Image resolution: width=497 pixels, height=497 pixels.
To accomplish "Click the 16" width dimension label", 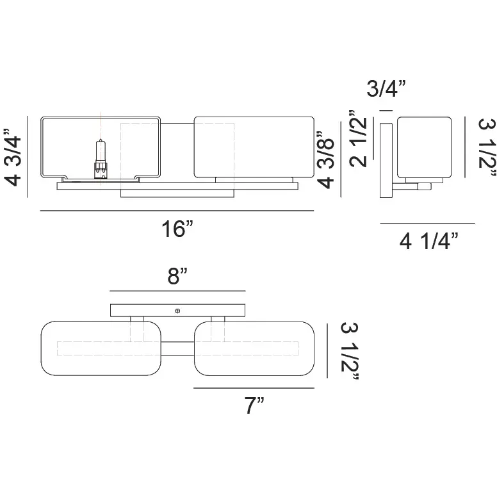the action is click(x=177, y=229).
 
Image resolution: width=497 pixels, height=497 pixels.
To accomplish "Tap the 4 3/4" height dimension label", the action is click(x=13, y=157).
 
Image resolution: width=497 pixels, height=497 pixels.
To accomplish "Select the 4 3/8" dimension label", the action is click(x=325, y=159).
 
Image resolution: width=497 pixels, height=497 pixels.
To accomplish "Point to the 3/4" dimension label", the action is click(x=386, y=88).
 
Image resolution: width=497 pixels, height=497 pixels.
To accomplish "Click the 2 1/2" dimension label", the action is click(x=358, y=138).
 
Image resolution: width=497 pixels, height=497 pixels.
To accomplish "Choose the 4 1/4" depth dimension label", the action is click(x=429, y=241).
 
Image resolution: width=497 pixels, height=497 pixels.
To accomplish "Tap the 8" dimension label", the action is click(x=177, y=276).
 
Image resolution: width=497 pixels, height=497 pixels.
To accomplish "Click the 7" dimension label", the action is click(x=254, y=405).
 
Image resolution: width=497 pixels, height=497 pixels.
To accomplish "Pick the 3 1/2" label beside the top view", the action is click(x=350, y=351).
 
